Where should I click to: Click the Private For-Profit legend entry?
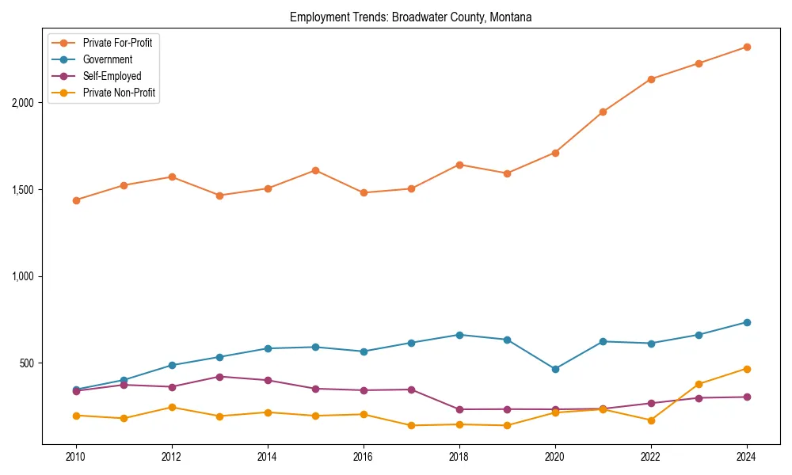pos(117,42)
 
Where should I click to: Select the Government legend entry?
pos(107,59)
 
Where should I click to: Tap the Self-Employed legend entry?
pos(112,76)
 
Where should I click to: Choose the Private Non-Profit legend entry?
pos(119,93)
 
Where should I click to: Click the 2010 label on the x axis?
pos(76,457)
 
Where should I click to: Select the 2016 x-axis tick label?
pos(364,457)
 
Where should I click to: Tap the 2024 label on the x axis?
pos(746,457)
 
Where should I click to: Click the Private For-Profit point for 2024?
pos(746,47)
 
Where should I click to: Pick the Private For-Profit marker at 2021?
pos(603,112)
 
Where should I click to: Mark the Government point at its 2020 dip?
pos(554,369)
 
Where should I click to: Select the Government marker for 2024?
pos(746,322)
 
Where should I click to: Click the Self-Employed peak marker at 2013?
pos(219,377)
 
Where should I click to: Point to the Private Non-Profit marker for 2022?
pos(651,420)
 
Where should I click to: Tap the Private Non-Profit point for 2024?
pos(746,369)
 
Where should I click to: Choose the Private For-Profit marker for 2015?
pos(315,170)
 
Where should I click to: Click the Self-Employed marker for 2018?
pos(459,409)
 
